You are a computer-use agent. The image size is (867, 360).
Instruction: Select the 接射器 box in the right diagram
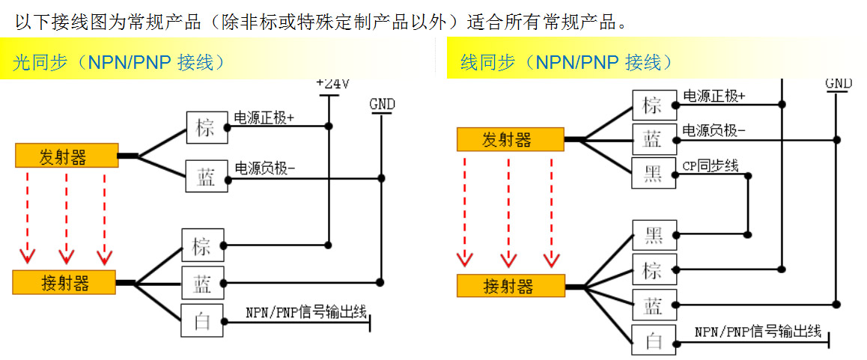pos(510,286)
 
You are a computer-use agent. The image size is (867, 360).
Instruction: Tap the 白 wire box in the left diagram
pos(202,322)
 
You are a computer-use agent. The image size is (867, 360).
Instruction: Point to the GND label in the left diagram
pos(382,105)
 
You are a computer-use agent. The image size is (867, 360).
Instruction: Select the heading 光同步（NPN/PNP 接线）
pos(119,62)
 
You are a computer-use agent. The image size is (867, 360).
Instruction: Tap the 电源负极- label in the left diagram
pos(265,168)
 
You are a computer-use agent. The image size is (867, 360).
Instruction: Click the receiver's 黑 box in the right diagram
pos(654,235)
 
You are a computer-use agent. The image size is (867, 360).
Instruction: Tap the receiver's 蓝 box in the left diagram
pos(202,284)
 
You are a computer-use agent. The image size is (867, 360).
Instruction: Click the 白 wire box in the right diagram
pos(654,341)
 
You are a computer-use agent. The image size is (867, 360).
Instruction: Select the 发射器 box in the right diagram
pos(510,140)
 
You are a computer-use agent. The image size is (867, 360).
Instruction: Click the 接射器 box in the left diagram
pos(65,283)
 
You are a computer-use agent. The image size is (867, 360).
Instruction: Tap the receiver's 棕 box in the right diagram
pos(654,270)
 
